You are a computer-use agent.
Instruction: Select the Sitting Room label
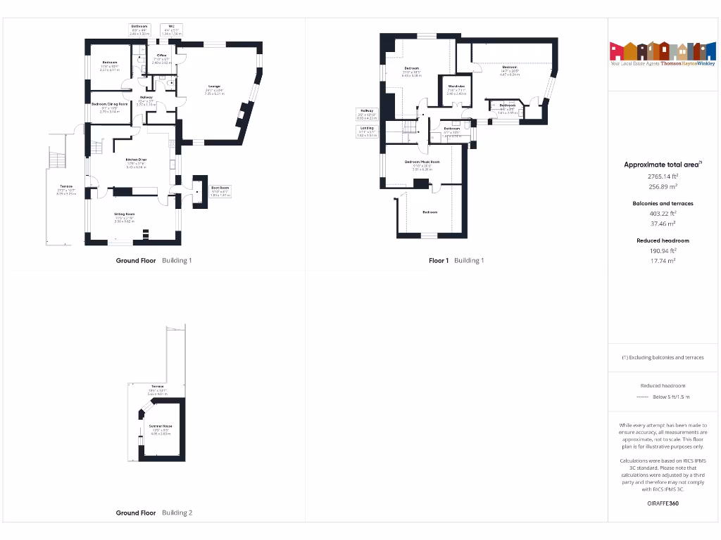[x=125, y=214]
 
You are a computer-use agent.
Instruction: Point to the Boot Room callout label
[x=220, y=188]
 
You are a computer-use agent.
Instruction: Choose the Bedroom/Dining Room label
[x=110, y=105]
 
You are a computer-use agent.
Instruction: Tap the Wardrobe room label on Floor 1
[x=456, y=87]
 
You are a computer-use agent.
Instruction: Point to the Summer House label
[x=161, y=427]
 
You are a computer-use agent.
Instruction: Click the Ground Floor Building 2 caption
[x=153, y=513]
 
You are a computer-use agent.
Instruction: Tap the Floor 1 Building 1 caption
[x=456, y=261]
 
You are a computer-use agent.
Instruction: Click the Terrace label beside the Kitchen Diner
[x=66, y=187]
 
